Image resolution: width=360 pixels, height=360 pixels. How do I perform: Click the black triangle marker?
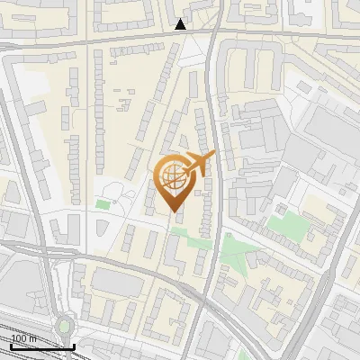(x=181, y=24)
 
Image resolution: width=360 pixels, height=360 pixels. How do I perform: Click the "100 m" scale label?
(x=24, y=337)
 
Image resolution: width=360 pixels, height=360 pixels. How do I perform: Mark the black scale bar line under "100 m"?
(x=41, y=346)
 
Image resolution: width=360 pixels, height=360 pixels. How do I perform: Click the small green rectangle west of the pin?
(x=103, y=206)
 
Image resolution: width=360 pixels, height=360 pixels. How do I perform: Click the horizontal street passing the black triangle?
(x=108, y=40)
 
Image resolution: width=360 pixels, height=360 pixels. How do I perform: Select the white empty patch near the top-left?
(x=33, y=84)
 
